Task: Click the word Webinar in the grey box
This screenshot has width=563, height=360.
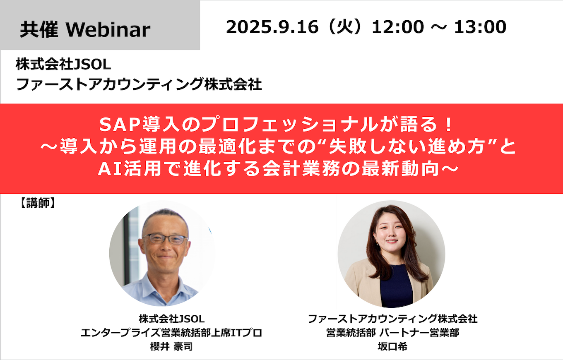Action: tap(108, 30)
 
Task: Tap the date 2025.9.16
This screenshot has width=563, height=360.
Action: tap(272, 27)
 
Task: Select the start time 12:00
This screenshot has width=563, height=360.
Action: tap(397, 27)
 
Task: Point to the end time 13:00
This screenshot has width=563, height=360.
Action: tap(480, 27)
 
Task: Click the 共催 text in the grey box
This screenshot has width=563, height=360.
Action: tap(39, 30)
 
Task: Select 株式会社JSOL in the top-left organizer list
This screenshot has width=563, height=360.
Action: tap(63, 64)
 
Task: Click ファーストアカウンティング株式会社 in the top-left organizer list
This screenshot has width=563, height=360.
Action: tap(139, 84)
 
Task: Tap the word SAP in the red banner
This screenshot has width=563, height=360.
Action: tap(120, 125)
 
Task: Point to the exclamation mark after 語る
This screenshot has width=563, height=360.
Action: tap(448, 125)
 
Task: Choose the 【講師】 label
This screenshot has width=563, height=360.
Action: tap(37, 203)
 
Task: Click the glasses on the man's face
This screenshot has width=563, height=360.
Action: tap(165, 239)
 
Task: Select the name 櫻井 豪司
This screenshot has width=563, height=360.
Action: tap(171, 346)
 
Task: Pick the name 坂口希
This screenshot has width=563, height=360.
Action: tap(392, 346)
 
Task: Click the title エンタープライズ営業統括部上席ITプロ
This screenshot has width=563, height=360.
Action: tap(171, 333)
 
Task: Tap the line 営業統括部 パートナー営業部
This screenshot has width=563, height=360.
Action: tap(392, 333)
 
